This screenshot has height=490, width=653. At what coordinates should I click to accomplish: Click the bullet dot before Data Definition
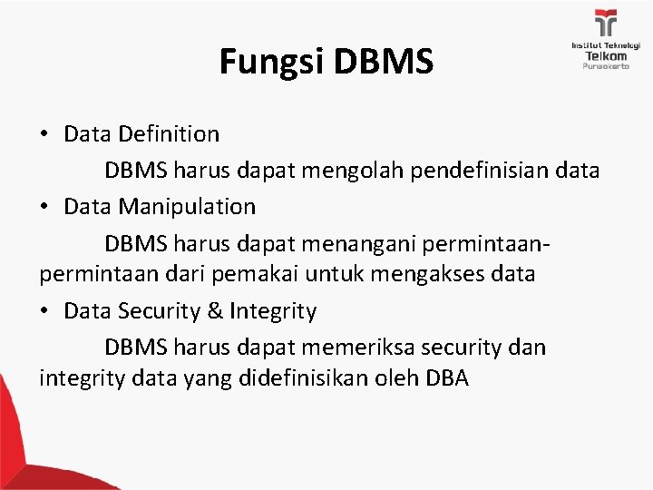click(44, 135)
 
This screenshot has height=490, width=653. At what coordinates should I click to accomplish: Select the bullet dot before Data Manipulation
click(44, 207)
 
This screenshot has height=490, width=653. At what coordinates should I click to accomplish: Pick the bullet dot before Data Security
click(44, 313)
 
